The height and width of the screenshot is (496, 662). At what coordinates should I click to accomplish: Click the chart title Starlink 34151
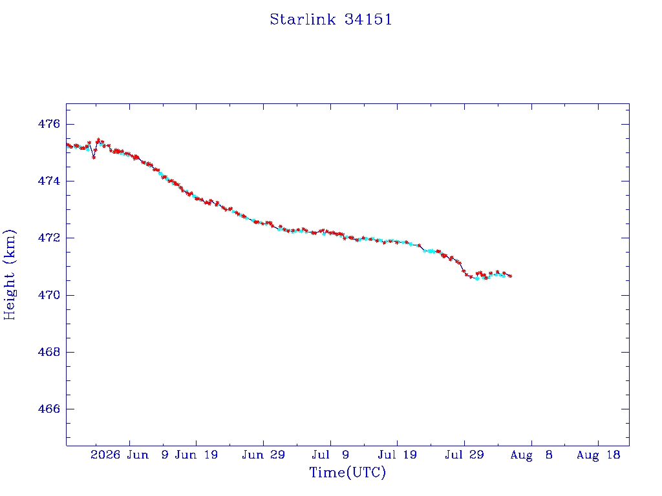click(331, 19)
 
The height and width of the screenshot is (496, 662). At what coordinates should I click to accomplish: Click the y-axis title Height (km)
click(10, 274)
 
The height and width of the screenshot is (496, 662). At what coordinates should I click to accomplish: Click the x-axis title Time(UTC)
click(347, 472)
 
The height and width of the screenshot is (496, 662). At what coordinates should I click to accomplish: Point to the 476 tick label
click(49, 124)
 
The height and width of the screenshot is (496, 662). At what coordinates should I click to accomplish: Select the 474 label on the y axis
click(49, 181)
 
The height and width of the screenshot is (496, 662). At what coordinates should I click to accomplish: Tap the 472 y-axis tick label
click(49, 238)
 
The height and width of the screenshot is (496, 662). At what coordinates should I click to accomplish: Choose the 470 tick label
click(49, 294)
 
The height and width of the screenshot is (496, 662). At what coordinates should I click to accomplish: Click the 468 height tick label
click(49, 352)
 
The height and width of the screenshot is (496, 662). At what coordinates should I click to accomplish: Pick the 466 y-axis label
click(49, 409)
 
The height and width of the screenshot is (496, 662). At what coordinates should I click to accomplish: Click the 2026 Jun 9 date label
click(129, 455)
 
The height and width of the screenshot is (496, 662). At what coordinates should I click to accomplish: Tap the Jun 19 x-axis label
click(197, 455)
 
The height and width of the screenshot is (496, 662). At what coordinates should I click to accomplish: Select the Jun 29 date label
click(264, 455)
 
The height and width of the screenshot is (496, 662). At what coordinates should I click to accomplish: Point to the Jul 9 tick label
click(330, 455)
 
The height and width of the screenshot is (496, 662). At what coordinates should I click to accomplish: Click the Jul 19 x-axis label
click(398, 455)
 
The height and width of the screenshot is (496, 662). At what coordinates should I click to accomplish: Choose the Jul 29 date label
click(464, 455)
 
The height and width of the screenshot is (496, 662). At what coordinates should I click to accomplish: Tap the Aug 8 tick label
click(531, 455)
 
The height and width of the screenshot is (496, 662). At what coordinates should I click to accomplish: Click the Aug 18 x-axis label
click(598, 455)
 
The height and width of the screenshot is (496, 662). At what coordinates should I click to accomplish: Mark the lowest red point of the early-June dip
click(94, 158)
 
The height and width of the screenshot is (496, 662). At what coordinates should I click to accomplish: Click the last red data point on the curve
click(510, 276)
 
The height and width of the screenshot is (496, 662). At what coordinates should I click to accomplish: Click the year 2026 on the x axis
click(105, 455)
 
